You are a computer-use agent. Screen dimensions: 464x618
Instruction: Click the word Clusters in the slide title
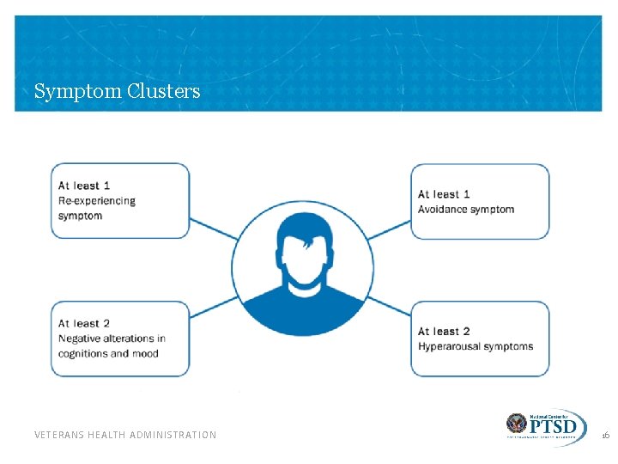[163, 91]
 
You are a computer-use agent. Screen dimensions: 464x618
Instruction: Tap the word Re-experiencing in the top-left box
[96, 200]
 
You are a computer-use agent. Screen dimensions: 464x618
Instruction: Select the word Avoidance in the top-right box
[445, 209]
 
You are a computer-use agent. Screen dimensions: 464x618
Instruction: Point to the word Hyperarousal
[450, 346]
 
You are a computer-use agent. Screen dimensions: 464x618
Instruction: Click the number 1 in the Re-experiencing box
[106, 186]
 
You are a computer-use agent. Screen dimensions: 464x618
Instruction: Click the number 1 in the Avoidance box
[466, 194]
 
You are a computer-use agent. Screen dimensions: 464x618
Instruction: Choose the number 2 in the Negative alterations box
[106, 324]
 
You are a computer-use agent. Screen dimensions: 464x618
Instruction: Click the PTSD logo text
[554, 425]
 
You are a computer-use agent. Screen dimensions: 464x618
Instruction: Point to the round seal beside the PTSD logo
[517, 424]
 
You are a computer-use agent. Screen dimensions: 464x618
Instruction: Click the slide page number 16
[605, 436]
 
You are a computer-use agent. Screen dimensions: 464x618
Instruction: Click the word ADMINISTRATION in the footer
[174, 435]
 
